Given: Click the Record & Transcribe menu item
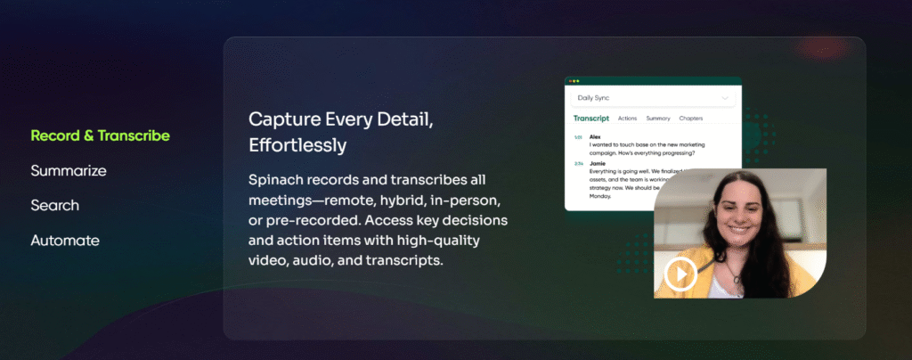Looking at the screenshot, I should click(x=100, y=135).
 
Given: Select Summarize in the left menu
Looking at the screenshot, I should click(x=69, y=170).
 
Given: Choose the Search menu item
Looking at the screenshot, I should click(x=54, y=205).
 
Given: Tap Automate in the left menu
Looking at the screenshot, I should click(x=65, y=241).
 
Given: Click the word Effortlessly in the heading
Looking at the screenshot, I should click(x=297, y=143).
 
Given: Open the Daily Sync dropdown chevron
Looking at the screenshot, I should click(x=725, y=97).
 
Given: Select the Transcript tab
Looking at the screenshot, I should click(x=590, y=118).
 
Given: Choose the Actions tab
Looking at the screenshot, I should click(x=627, y=118).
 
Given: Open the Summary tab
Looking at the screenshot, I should click(x=658, y=118).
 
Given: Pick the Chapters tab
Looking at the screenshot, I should click(x=691, y=118).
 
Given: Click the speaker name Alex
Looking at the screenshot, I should click(x=594, y=136).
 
